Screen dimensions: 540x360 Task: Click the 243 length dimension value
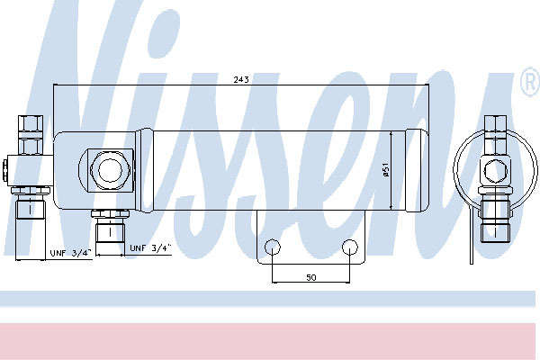click(x=241, y=79)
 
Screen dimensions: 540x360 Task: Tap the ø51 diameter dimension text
click(x=386, y=170)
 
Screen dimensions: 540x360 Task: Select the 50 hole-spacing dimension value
click(x=311, y=277)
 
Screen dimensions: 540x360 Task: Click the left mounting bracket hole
click(x=273, y=247)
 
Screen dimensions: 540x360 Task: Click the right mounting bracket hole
click(x=350, y=247)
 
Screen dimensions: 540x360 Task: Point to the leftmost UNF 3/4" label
click(x=71, y=253)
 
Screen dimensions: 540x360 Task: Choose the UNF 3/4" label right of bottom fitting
click(x=150, y=248)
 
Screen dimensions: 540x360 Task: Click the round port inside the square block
click(x=110, y=170)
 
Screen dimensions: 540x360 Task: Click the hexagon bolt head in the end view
click(x=495, y=170)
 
